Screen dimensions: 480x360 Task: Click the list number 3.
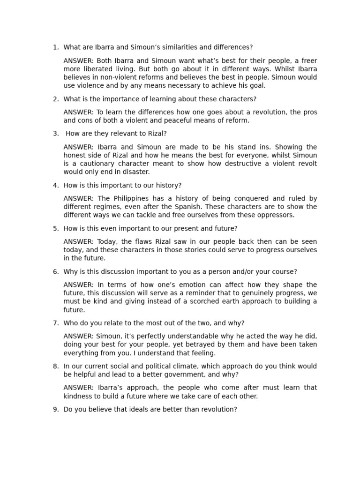(x=56, y=134)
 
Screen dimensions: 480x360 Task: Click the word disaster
(x=136, y=172)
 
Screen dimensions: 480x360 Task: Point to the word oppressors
(x=277, y=215)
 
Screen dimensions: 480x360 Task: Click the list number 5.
(x=56, y=229)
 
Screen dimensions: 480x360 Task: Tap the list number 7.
(x=56, y=323)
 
